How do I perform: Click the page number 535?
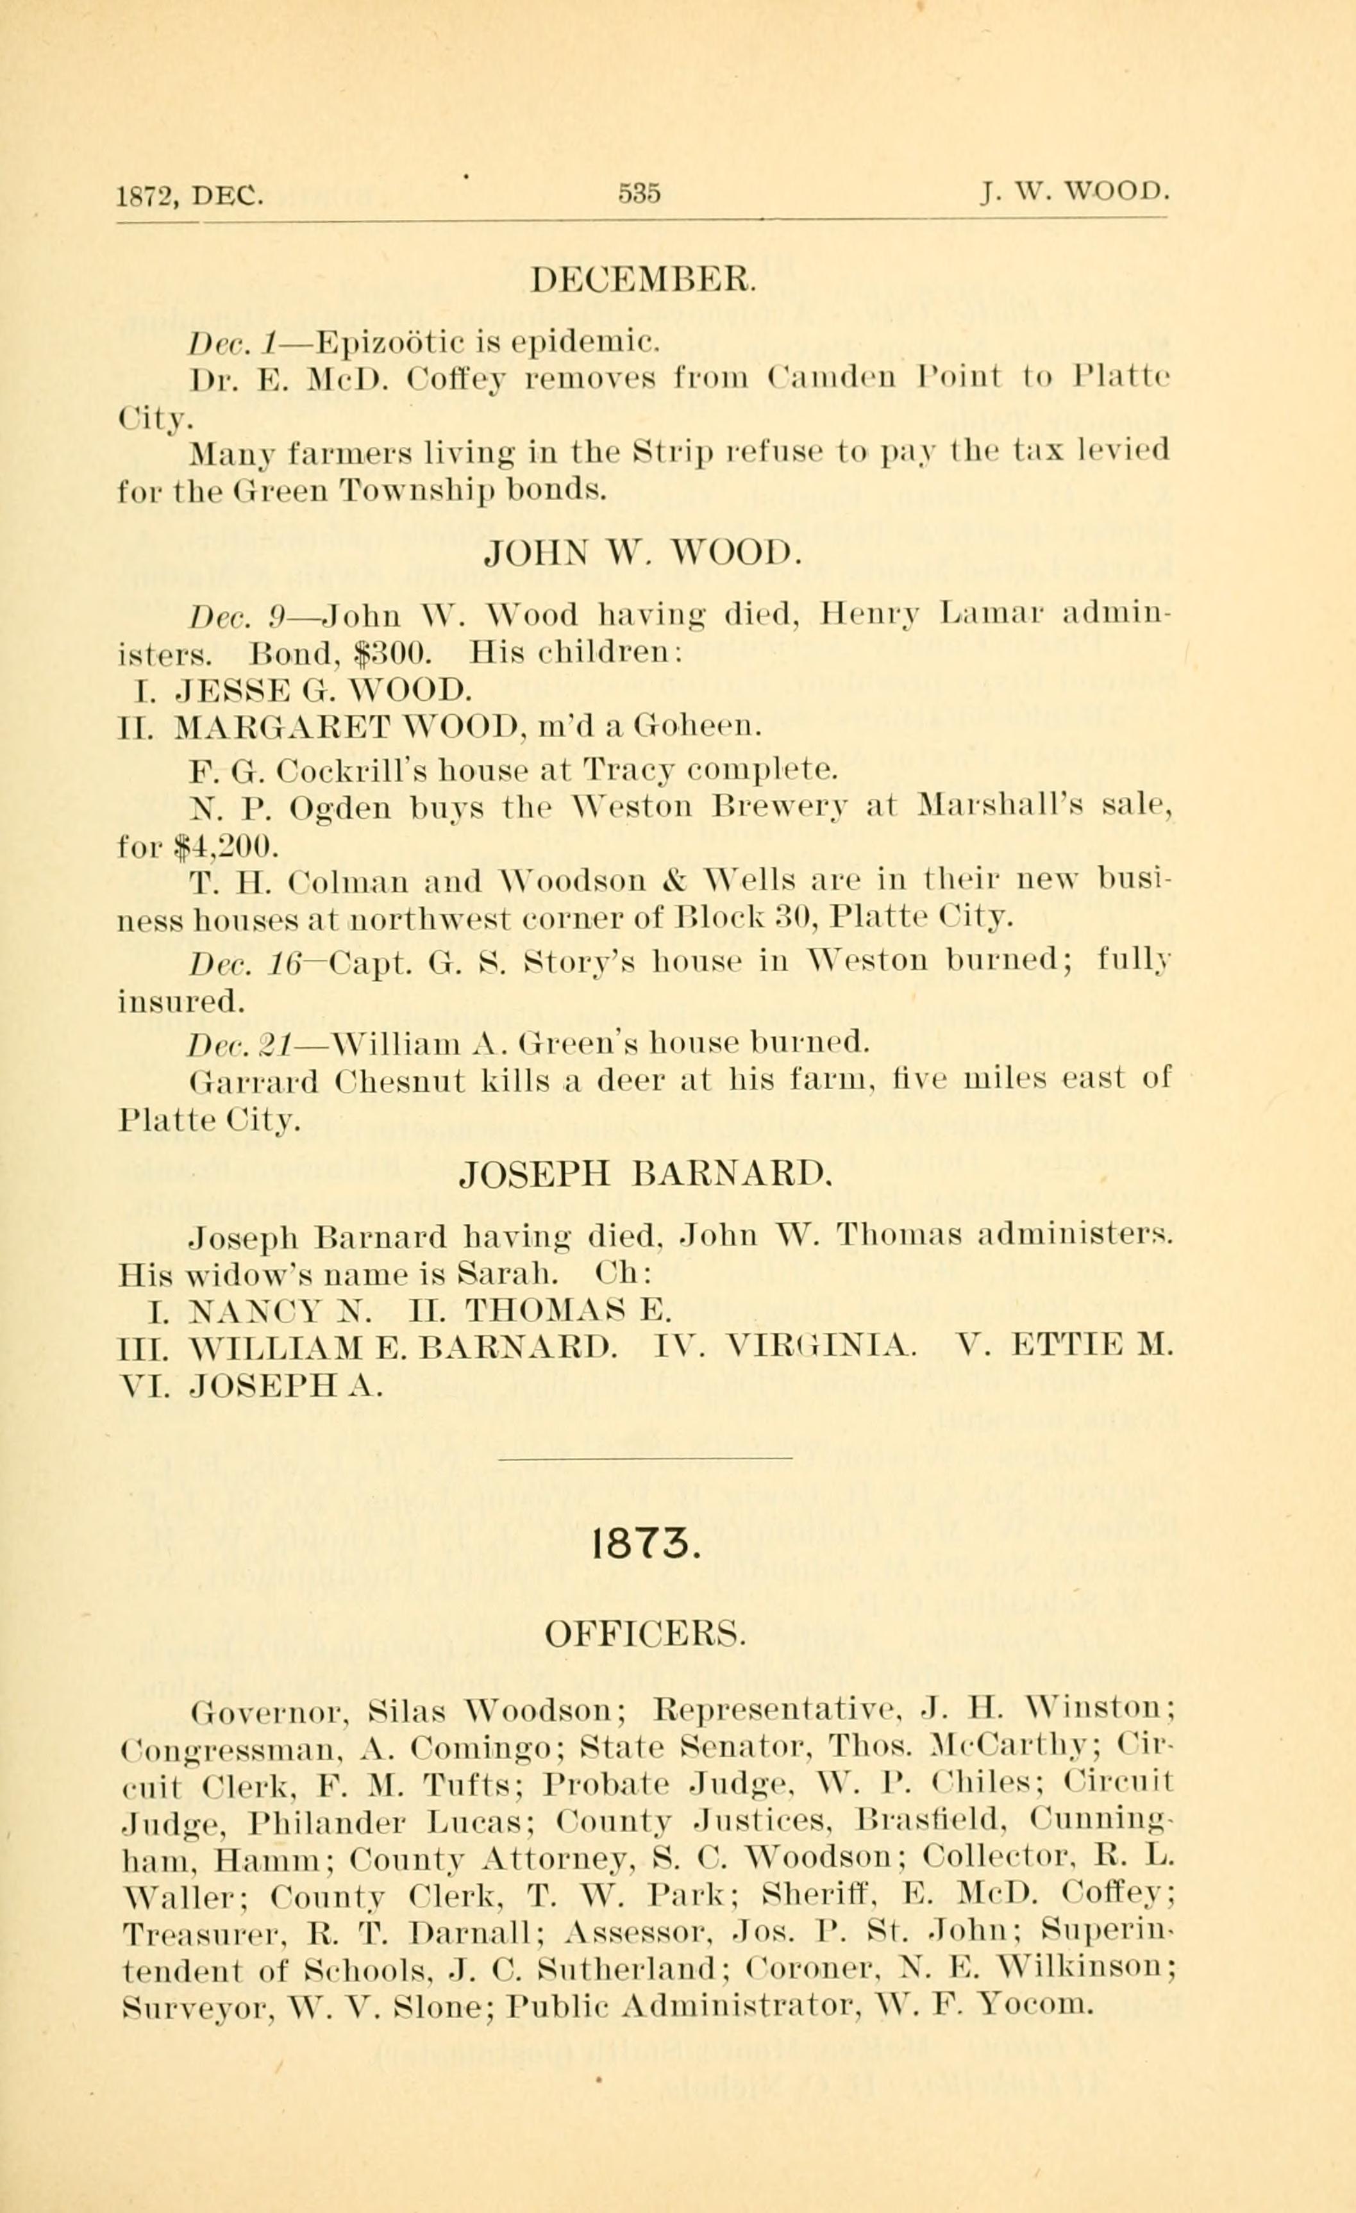pyautogui.click(x=639, y=193)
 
